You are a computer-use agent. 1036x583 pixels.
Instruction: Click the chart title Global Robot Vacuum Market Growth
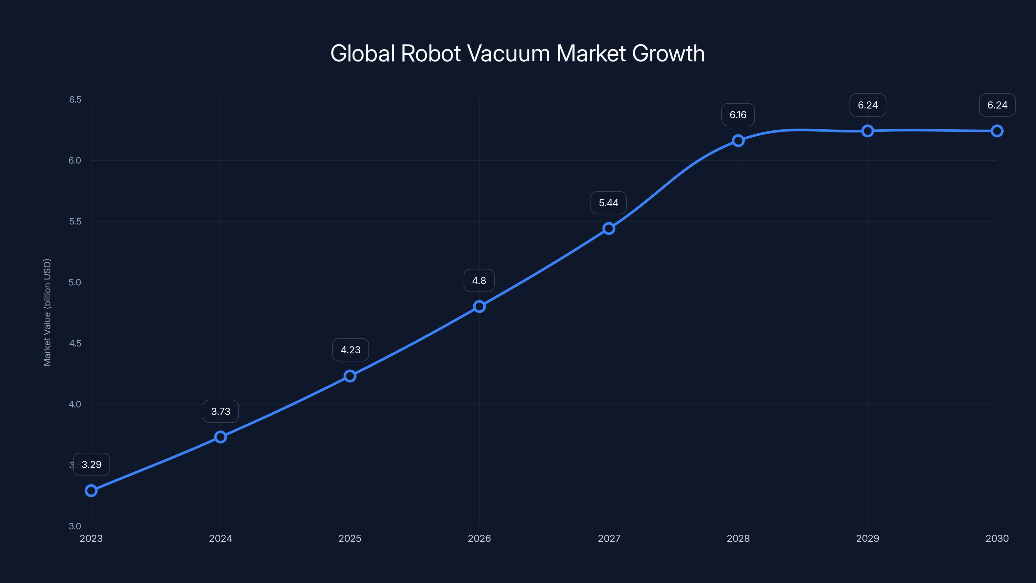coord(518,53)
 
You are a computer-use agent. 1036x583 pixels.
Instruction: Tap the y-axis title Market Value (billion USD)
coord(47,312)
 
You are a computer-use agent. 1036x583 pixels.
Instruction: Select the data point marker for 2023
coord(91,490)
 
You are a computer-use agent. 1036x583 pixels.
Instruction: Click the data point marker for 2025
coord(350,376)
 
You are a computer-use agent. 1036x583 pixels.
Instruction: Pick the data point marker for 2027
coord(609,229)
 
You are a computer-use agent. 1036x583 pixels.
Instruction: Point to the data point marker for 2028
coord(738,141)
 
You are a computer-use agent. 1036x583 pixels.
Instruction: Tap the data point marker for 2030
coord(997,131)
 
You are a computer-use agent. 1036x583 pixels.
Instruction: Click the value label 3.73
coord(221,411)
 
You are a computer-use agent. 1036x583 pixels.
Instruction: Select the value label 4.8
coord(479,280)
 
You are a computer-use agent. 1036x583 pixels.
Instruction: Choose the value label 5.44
coord(609,203)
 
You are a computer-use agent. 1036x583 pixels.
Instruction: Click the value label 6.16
coord(738,115)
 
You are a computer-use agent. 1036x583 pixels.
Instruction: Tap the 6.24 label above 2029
coord(868,105)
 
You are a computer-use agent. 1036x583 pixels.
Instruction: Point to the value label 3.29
coord(92,464)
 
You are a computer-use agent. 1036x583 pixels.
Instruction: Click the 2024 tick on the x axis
coord(220,538)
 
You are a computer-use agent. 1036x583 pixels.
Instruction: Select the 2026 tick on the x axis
coord(479,538)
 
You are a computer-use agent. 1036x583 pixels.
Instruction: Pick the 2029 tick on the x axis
coord(868,538)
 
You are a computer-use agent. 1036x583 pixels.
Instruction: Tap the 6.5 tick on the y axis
coord(75,99)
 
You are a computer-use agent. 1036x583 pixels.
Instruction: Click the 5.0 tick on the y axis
coord(75,282)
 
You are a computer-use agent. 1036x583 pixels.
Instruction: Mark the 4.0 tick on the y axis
coord(75,404)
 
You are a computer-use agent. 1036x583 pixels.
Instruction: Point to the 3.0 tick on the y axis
coord(75,526)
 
